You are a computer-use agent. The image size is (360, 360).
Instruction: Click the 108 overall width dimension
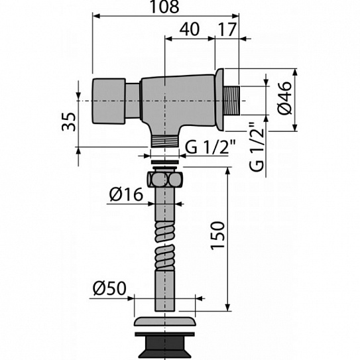[x=164, y=7]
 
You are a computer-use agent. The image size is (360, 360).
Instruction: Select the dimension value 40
[x=190, y=29]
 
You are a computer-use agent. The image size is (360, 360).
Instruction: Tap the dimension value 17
[x=227, y=29]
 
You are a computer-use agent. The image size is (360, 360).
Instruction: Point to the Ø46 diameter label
[x=284, y=97]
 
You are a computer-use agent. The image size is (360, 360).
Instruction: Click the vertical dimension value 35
[x=69, y=121]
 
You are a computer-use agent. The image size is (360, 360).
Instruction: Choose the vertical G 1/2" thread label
[x=257, y=147]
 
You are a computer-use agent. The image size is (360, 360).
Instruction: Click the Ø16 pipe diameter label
[x=126, y=194]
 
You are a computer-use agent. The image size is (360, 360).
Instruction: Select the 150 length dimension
[x=217, y=235]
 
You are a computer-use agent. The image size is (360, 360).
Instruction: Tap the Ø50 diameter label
[x=110, y=288]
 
